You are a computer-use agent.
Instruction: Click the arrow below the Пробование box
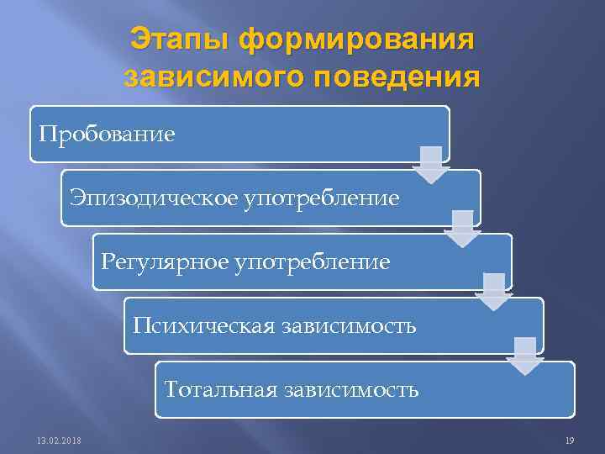[431, 165]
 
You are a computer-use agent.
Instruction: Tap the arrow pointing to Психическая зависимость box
[494, 292]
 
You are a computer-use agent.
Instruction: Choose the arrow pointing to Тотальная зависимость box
[525, 356]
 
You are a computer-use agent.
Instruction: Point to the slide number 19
[570, 441]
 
